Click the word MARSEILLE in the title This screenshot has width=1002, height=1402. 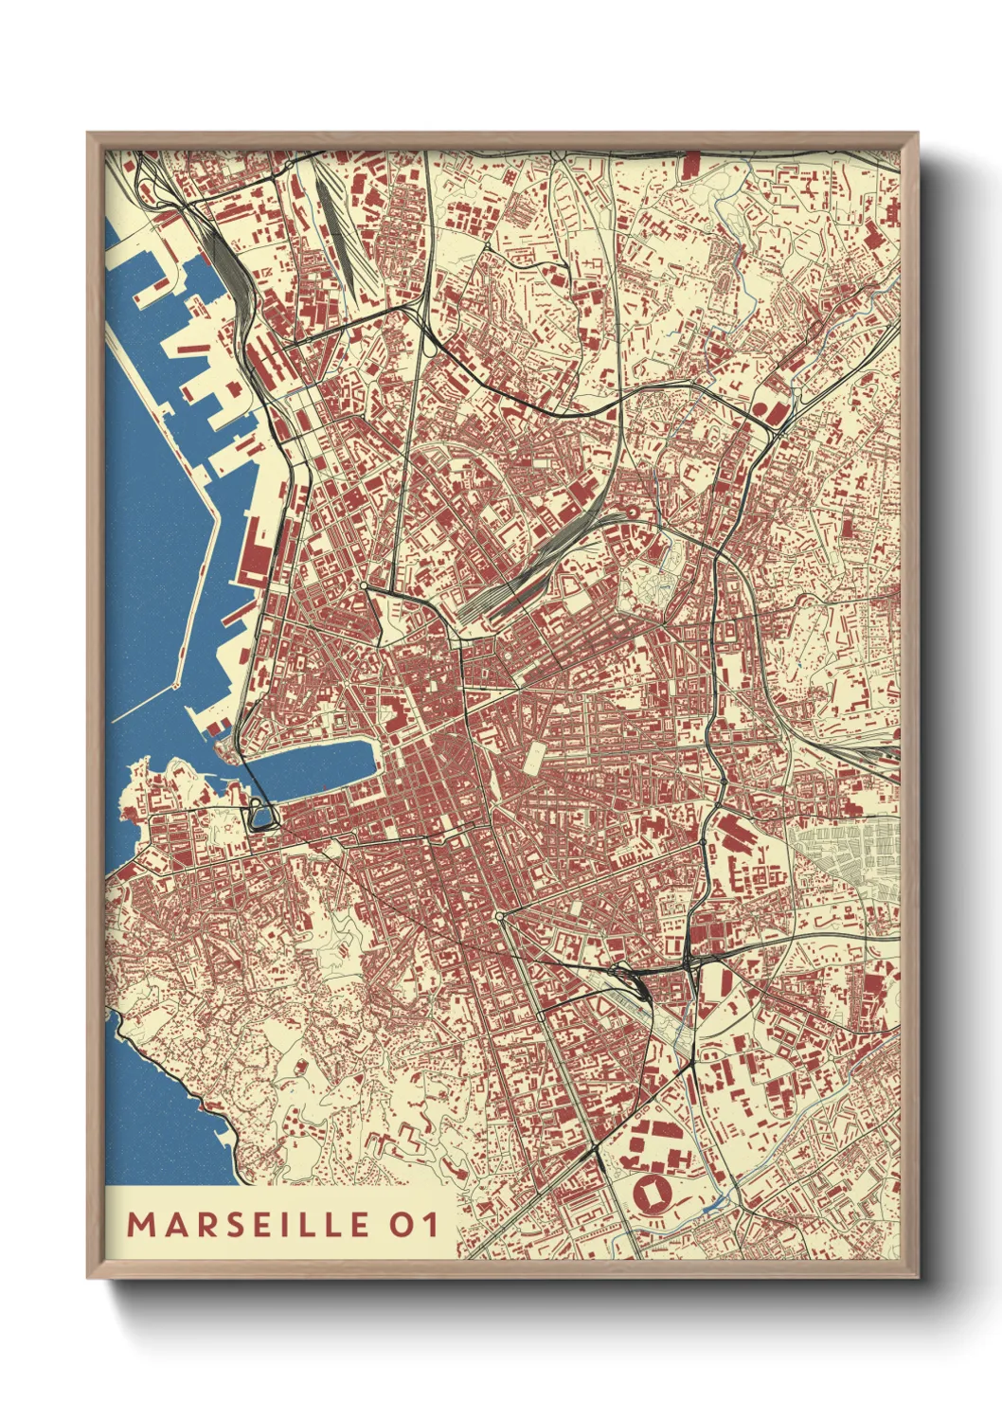coord(249,1224)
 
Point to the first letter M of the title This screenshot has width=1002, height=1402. coord(140,1224)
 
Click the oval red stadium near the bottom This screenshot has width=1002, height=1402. coord(653,1195)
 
